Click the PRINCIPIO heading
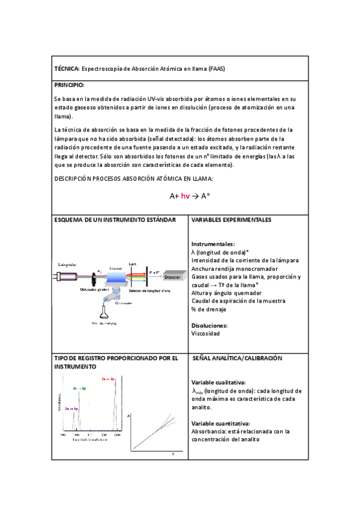click(x=69, y=85)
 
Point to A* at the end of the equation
click(x=205, y=196)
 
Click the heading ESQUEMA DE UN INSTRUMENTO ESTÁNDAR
click(x=115, y=220)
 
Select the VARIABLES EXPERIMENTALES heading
click(x=231, y=220)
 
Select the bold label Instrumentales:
click(x=212, y=244)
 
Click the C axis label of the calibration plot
click(x=174, y=453)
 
